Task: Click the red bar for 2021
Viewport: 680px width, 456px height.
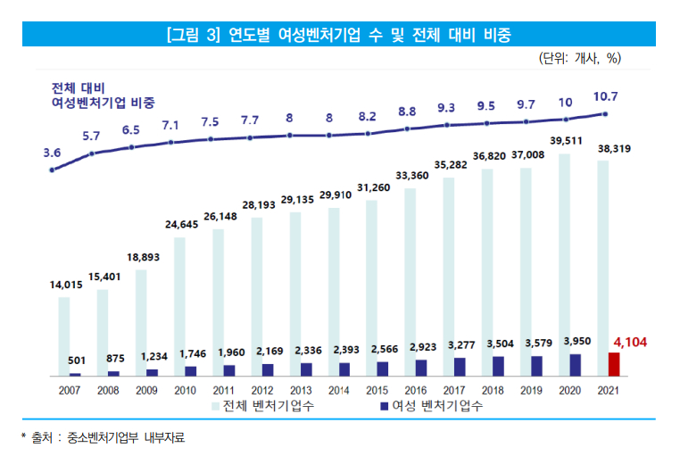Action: tap(614, 364)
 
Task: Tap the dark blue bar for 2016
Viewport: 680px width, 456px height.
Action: tap(421, 368)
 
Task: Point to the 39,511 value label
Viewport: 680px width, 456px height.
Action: tap(566, 141)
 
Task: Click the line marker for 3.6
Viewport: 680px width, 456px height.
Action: tap(53, 170)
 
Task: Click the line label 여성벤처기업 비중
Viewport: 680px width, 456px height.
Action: tap(103, 104)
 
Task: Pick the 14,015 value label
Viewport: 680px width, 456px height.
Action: tap(65, 285)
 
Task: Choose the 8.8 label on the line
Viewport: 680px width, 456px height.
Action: tap(407, 112)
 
